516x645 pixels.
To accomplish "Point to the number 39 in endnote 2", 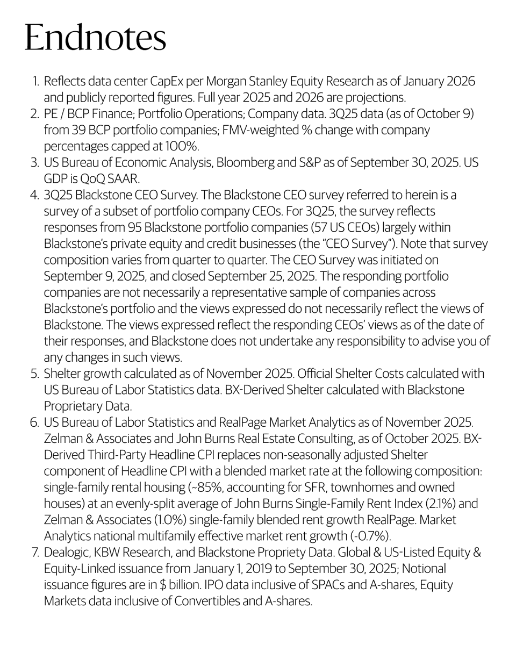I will [x=83, y=130].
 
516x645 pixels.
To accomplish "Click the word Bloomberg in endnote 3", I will [x=251, y=162].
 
